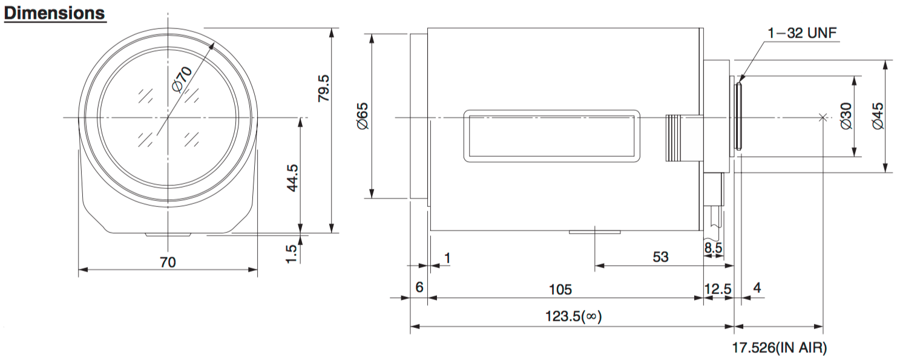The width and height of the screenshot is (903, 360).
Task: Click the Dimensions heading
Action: coord(54,13)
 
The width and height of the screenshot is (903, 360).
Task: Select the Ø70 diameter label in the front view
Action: coord(182,79)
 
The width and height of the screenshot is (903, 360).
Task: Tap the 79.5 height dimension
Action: coord(323,88)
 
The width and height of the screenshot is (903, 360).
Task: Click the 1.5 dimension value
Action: coord(291,254)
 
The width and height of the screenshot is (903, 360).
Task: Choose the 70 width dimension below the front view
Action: coord(168,263)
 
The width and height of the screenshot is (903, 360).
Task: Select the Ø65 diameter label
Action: coord(363,116)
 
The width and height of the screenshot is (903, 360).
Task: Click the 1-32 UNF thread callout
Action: coord(802,33)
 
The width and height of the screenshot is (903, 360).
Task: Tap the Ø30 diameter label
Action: coord(846,116)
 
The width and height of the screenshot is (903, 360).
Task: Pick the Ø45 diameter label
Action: coord(878,116)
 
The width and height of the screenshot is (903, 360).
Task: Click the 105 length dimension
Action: coord(560,289)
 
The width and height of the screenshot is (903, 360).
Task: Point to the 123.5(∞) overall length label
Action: coord(574,316)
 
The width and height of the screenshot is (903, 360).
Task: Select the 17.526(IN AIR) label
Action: coord(780,347)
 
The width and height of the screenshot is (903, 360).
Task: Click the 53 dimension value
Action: coord(660,257)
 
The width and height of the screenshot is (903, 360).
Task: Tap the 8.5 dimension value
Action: coord(713,247)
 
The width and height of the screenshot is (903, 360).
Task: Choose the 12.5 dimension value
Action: coord(718,289)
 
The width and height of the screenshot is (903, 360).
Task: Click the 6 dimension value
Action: coord(419,287)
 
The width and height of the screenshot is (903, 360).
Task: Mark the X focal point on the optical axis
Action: coord(823,118)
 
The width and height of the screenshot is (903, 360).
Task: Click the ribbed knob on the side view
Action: coord(673,139)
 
